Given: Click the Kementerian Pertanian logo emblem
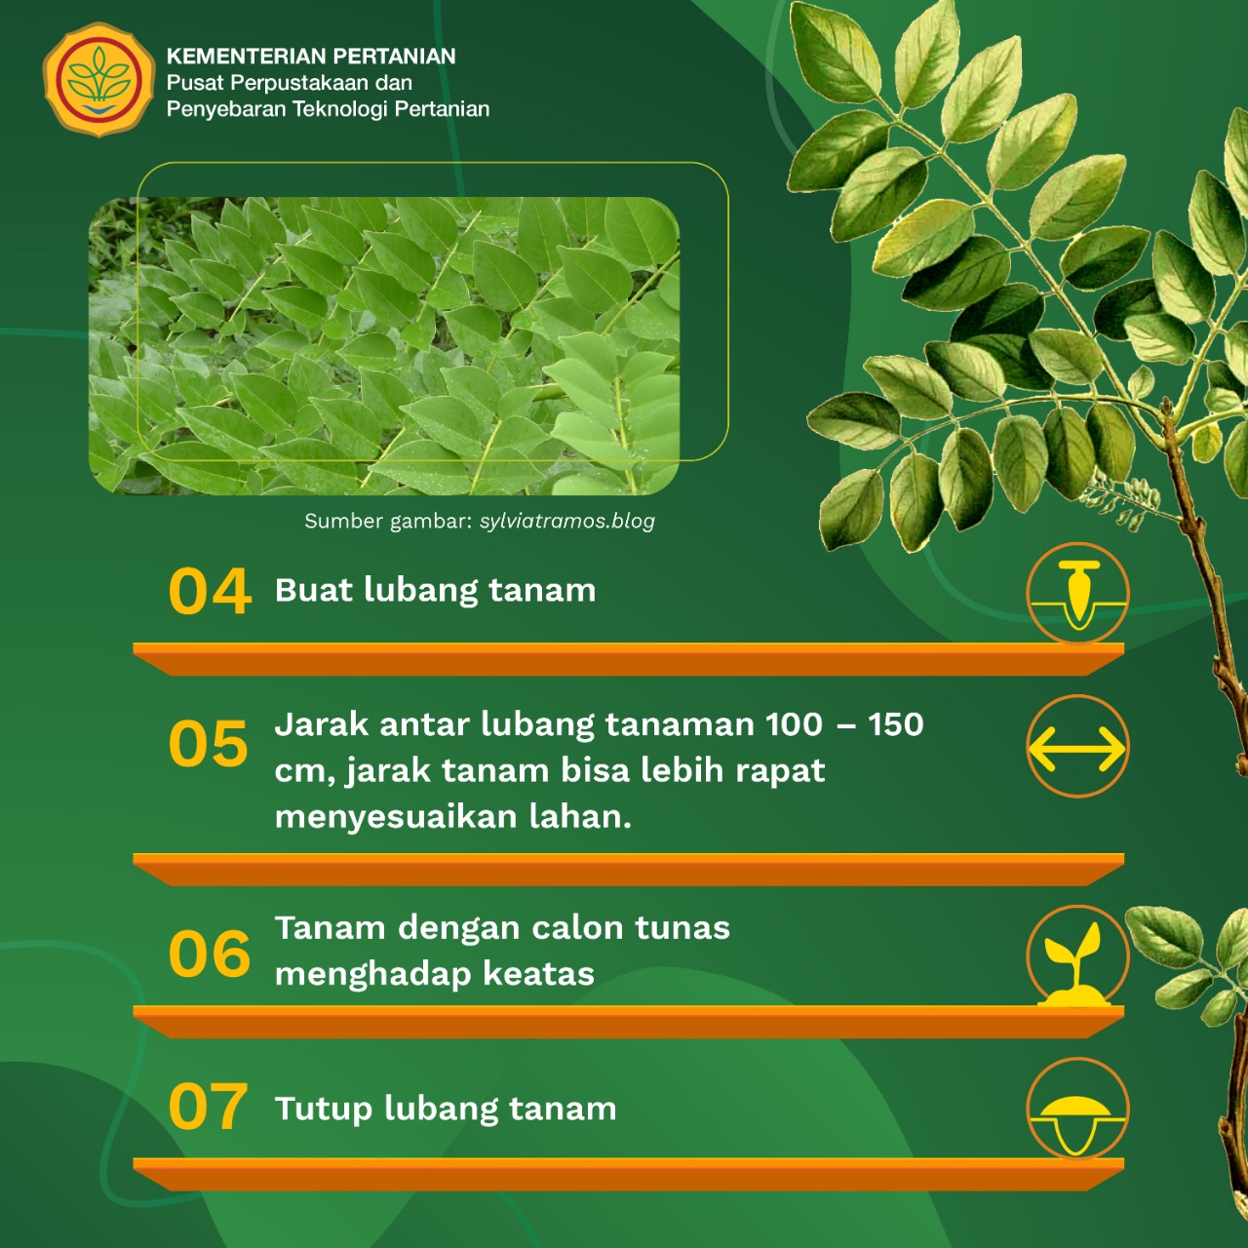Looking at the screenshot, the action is coord(98,80).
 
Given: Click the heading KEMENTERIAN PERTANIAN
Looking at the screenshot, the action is coord(311,57).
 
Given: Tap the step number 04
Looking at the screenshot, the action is coord(210,591).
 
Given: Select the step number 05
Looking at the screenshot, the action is coord(209,744).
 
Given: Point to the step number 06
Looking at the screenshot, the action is coord(210,954).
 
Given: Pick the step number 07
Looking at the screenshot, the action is coord(208,1107).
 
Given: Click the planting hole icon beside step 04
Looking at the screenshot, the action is coord(1077,593).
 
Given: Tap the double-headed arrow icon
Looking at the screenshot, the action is coord(1077,747).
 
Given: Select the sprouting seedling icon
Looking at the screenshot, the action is coord(1077,957).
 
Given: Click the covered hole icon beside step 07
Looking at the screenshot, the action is coord(1077,1111).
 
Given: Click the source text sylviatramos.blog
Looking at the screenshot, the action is coord(566,522).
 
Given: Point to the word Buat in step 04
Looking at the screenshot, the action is coord(314,590).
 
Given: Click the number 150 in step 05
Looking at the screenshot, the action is coord(896,724).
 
